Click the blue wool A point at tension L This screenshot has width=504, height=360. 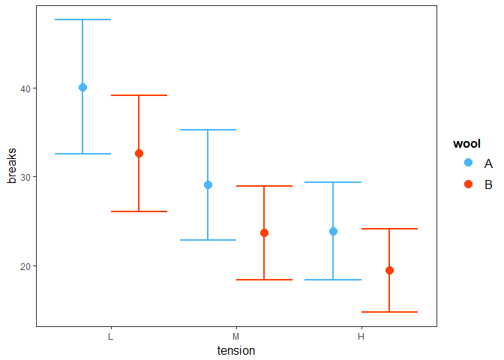point(82,87)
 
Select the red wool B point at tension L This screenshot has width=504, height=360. point(139,153)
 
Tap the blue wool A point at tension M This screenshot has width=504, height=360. point(208,184)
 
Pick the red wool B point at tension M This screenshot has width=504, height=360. point(264,232)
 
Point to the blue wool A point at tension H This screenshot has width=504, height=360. point(333,231)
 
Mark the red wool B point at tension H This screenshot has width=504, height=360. point(389,270)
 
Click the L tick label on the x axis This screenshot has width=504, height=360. point(111,337)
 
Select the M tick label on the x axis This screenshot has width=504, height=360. point(236,337)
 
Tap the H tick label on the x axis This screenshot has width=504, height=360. point(361,337)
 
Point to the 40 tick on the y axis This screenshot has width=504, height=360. point(25,88)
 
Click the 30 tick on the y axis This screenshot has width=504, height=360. point(25,177)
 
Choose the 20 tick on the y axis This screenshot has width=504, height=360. point(25,266)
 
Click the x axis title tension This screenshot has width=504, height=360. point(236,350)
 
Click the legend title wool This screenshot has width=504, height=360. point(466,144)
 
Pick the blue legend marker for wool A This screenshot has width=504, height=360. point(468,163)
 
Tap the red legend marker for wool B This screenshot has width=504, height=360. point(468,184)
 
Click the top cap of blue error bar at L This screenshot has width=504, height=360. point(82,19)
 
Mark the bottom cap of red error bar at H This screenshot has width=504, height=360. point(389,312)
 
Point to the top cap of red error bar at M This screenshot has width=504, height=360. point(264,185)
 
